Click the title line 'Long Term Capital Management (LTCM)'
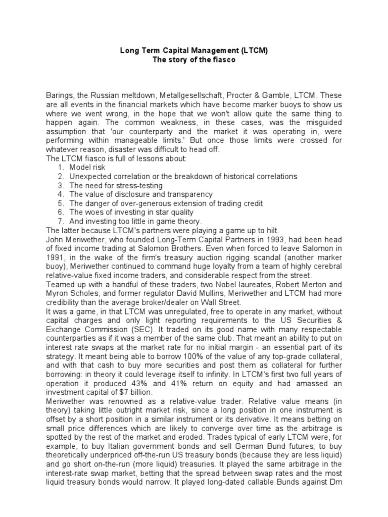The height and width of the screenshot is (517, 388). click(193, 50)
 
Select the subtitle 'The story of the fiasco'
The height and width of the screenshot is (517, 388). click(193, 60)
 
